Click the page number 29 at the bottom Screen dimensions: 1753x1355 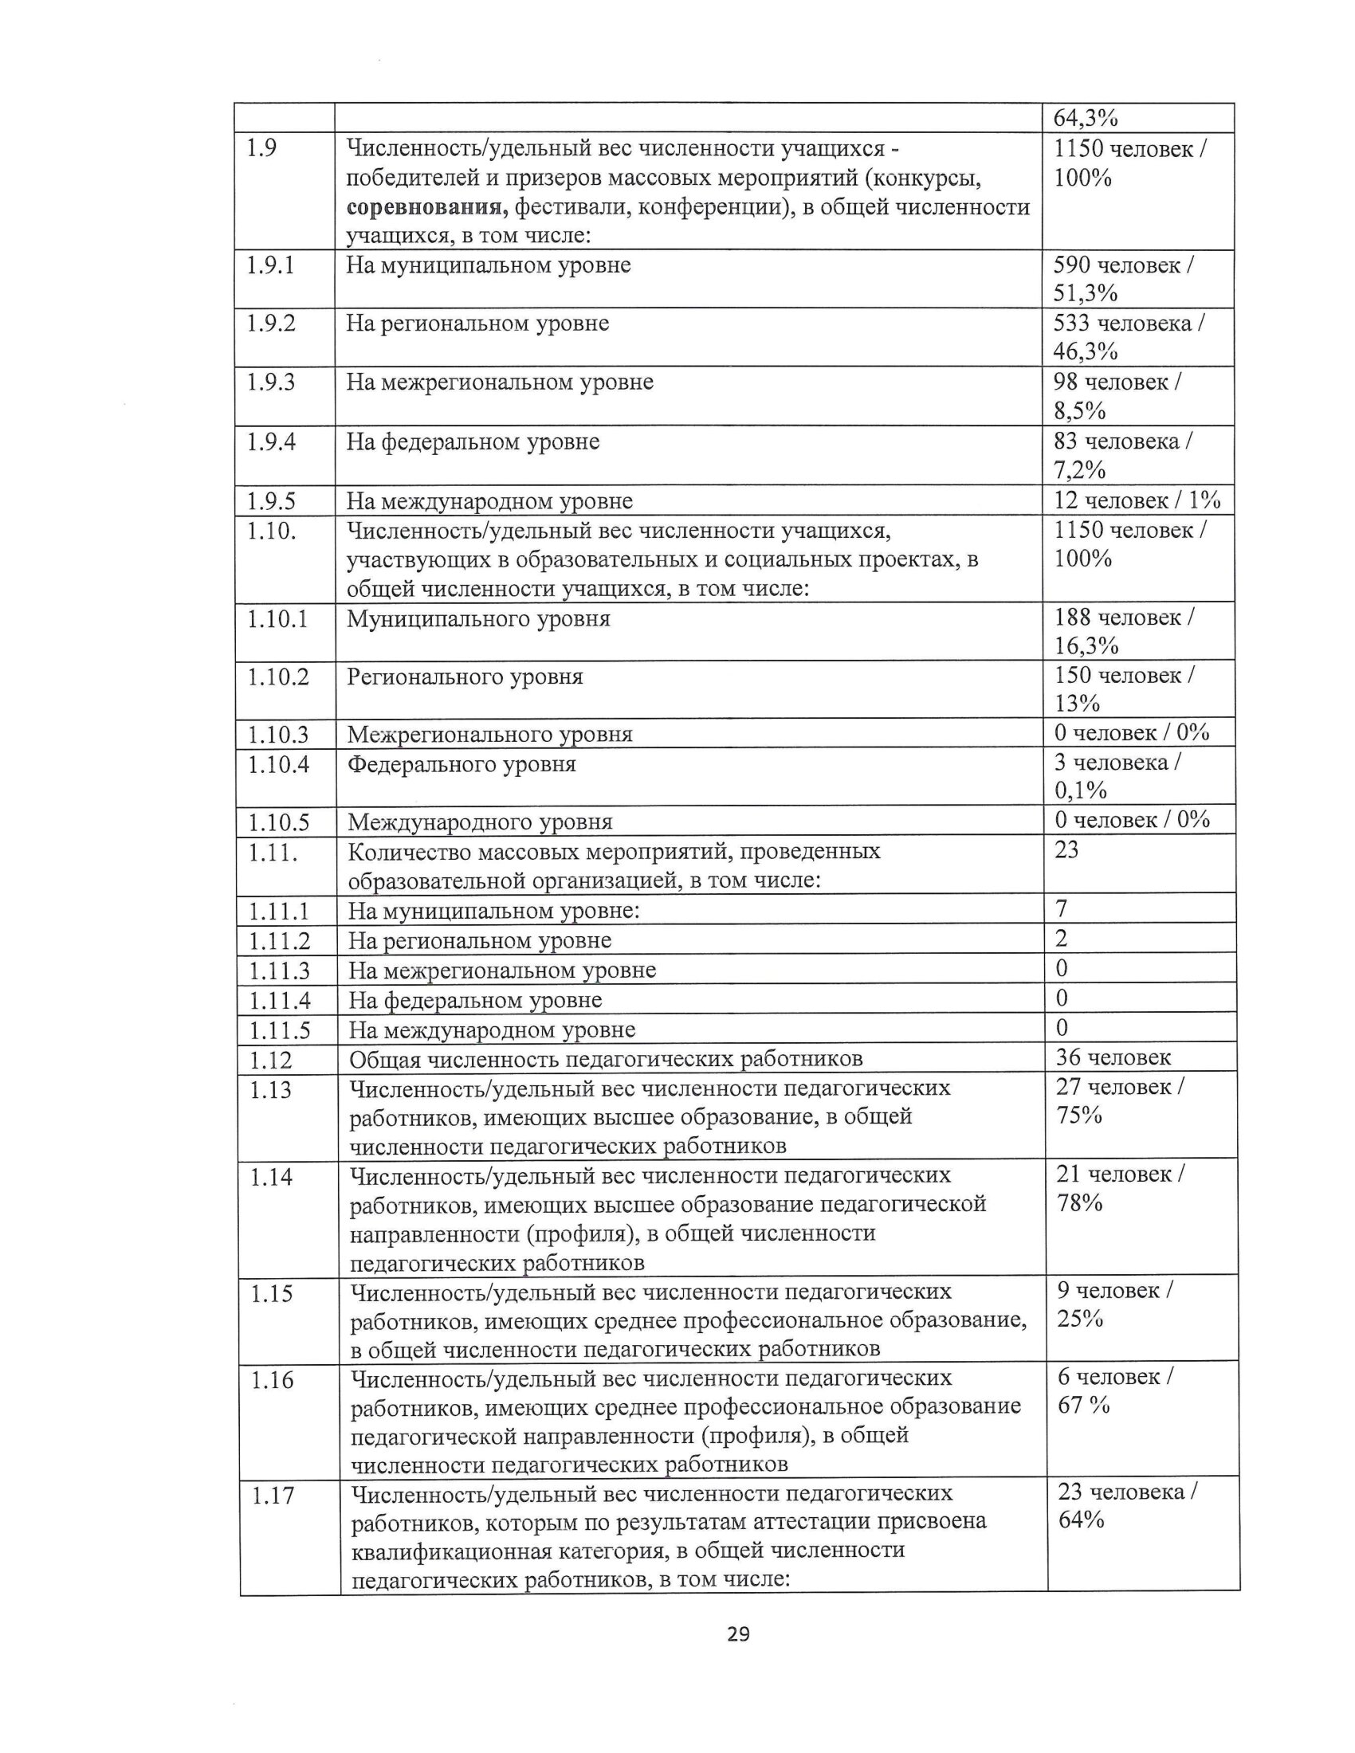tap(738, 1633)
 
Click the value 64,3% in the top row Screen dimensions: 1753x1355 tap(1086, 118)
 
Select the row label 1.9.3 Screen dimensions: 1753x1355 tap(270, 382)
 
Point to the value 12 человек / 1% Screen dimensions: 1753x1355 tap(1137, 500)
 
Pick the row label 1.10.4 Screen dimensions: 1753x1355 tap(277, 764)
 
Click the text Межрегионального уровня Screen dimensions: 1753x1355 tap(489, 734)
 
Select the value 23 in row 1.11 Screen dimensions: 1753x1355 tap(1066, 849)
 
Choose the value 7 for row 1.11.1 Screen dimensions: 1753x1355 tap(1061, 908)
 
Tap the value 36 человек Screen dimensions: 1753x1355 tap(1113, 1057)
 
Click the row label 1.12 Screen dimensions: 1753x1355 tap(269, 1061)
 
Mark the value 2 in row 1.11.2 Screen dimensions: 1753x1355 tap(1061, 939)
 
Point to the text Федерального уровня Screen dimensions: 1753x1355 tap(461, 763)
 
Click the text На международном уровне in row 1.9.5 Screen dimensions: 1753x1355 tap(489, 501)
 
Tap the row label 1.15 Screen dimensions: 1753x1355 tap(271, 1293)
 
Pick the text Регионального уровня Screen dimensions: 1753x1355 tap(465, 676)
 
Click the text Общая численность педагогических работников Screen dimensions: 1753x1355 tap(605, 1060)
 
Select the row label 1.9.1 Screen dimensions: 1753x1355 tap(270, 265)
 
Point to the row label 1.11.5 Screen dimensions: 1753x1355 tap(278, 1029)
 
